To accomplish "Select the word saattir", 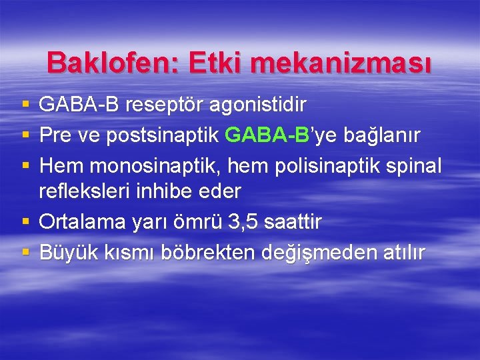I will point(293,221).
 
